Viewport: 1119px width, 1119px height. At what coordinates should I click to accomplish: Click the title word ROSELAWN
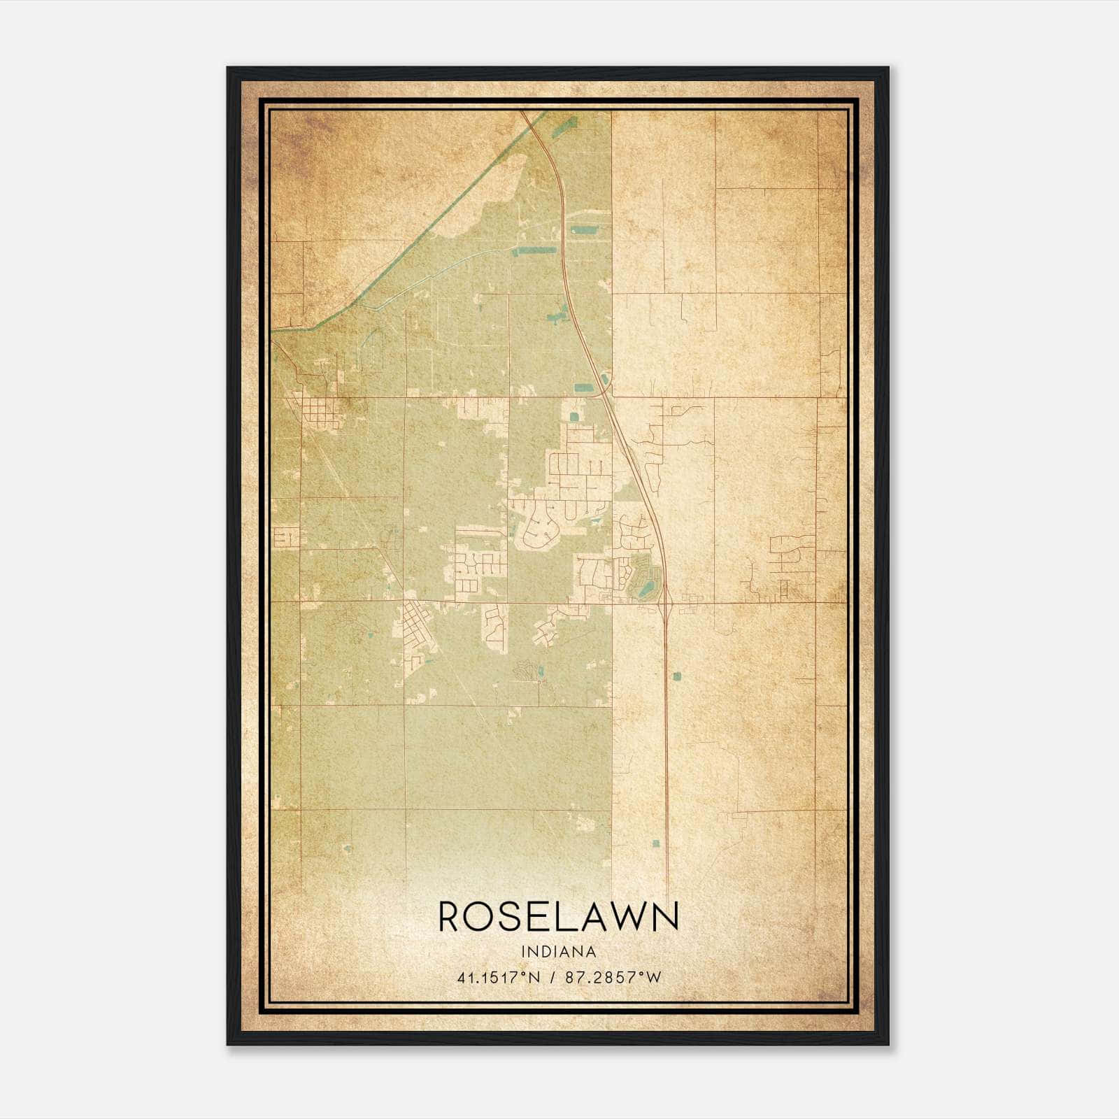[x=558, y=916]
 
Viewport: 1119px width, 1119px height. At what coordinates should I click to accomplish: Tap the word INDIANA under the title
[x=558, y=952]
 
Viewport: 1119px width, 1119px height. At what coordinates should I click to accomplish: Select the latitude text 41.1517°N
[x=498, y=977]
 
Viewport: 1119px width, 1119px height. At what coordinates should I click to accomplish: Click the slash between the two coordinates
[x=553, y=977]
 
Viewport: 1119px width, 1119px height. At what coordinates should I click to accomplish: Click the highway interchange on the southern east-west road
[x=667, y=603]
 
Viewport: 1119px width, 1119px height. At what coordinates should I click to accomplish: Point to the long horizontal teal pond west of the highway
[x=536, y=250]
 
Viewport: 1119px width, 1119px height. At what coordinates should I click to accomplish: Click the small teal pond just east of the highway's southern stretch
[x=676, y=676]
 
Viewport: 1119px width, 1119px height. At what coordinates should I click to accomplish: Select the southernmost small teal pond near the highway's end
[x=656, y=843]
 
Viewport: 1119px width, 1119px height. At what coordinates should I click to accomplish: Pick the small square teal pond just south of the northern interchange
[x=574, y=417]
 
